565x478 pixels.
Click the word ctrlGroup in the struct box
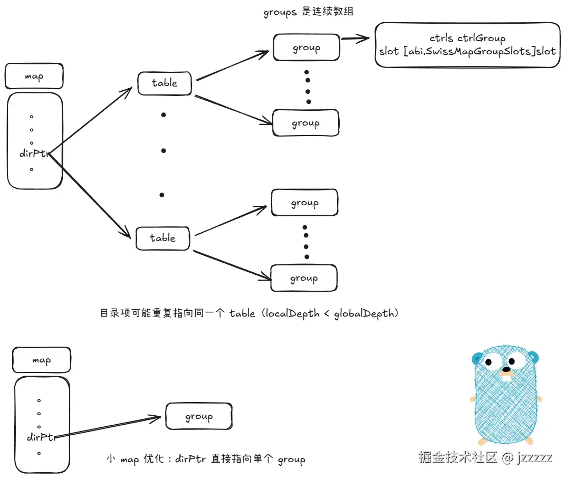coord(481,38)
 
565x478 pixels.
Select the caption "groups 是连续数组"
coord(308,12)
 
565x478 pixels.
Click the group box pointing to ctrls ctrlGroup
coord(306,48)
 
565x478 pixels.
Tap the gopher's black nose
coord(506,369)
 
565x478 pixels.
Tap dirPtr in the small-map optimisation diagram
coord(41,437)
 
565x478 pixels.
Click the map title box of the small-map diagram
coord(41,361)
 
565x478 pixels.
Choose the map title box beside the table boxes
coord(34,77)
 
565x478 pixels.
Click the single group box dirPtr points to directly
coord(198,416)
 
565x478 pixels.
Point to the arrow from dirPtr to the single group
coord(111,427)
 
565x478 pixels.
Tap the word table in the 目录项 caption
coord(241,313)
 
